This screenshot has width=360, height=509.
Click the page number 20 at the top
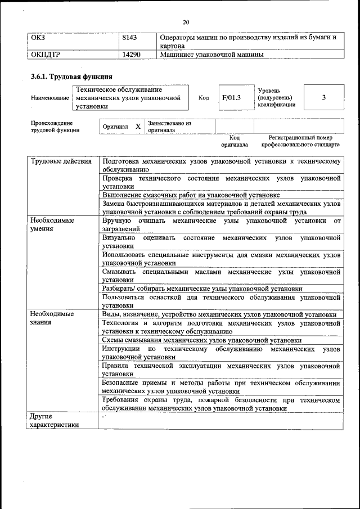click(x=186, y=22)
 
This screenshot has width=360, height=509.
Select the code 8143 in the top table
click(x=132, y=38)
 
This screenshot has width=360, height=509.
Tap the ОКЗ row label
click(x=38, y=38)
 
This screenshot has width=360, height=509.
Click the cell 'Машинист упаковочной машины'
click(x=211, y=55)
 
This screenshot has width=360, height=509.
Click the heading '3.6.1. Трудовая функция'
click(x=71, y=76)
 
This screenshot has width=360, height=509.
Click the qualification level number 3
click(x=323, y=97)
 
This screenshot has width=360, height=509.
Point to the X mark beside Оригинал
click(x=137, y=126)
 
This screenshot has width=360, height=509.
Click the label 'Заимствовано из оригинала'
click(x=169, y=126)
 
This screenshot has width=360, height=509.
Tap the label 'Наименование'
click(x=50, y=98)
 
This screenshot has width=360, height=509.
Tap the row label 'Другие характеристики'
click(x=55, y=421)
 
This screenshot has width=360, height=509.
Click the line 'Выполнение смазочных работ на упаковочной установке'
click(x=191, y=195)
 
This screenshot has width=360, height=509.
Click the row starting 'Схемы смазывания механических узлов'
click(x=202, y=340)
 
